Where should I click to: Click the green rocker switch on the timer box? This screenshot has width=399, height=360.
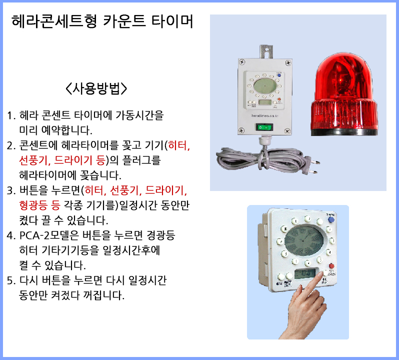(x=264, y=126)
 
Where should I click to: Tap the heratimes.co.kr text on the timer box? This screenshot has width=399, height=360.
(x=265, y=115)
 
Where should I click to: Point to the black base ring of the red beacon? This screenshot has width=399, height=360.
(x=344, y=132)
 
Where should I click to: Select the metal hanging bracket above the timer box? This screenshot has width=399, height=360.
(x=266, y=51)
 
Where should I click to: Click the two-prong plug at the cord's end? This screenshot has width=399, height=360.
(x=311, y=166)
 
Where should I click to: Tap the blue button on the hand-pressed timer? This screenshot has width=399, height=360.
(x=331, y=219)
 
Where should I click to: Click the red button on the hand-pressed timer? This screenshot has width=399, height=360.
(x=331, y=266)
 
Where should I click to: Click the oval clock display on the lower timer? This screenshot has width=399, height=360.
(x=304, y=240)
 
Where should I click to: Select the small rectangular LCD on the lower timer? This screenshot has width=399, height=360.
(x=306, y=274)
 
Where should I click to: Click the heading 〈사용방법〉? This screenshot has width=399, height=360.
(x=96, y=88)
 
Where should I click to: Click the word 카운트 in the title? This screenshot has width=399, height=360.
(x=124, y=21)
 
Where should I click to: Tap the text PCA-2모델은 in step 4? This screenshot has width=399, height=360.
(x=49, y=235)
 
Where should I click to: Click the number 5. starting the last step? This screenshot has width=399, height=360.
(x=11, y=280)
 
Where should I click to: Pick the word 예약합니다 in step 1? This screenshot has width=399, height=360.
(x=66, y=130)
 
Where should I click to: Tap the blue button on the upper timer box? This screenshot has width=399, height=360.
(x=279, y=75)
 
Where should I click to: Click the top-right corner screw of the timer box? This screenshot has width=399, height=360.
(x=288, y=62)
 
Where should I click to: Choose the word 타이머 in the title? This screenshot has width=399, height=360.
(x=172, y=21)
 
